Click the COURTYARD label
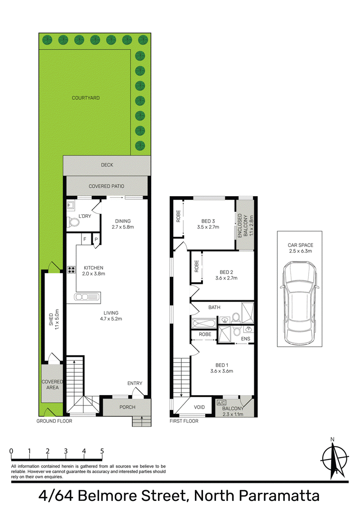coord(85,98)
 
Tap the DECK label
coord(107,165)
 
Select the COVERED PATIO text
coord(107,186)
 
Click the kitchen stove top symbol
coord(72,270)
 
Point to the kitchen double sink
coord(86,297)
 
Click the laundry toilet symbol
coord(73,222)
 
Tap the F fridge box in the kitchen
coord(85,239)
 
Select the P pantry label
coord(96,240)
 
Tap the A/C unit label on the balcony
coord(221,403)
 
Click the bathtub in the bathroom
coord(203,324)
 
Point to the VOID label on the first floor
coord(199,407)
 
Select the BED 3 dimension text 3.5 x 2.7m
coord(208,227)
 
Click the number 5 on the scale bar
coord(102,451)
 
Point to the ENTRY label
coord(135,383)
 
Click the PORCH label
coord(127,407)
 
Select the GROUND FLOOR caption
coord(54,421)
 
